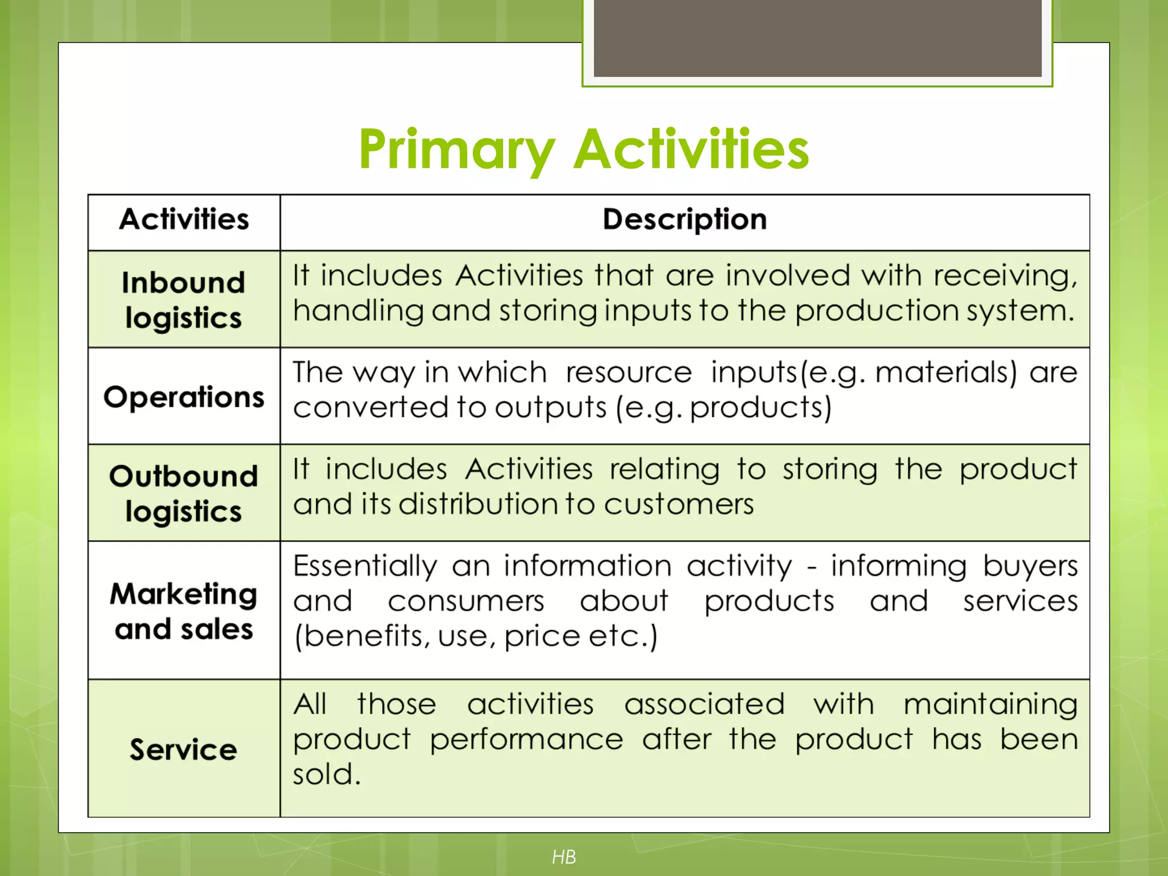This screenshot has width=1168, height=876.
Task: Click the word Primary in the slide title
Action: pos(456,149)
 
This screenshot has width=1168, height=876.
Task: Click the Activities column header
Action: pos(184,220)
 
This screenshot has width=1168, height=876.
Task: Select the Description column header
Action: pos(684,220)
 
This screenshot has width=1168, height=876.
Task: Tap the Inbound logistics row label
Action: pos(184,300)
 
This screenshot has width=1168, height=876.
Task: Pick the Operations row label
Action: pos(184,397)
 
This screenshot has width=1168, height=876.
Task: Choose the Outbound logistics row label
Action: pos(184,493)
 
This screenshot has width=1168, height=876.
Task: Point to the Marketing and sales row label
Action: pos(184,611)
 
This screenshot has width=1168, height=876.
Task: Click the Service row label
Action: pos(184,749)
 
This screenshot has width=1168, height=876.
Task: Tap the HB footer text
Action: pos(563,857)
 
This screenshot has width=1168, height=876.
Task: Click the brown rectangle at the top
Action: pos(817,38)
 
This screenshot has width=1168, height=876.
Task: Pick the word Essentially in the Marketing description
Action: pos(365,567)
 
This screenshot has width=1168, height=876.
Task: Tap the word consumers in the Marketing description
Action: pos(466,602)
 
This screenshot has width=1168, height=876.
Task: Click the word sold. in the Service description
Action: pos(327,775)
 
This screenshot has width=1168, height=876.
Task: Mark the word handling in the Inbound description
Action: pos(358,311)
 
